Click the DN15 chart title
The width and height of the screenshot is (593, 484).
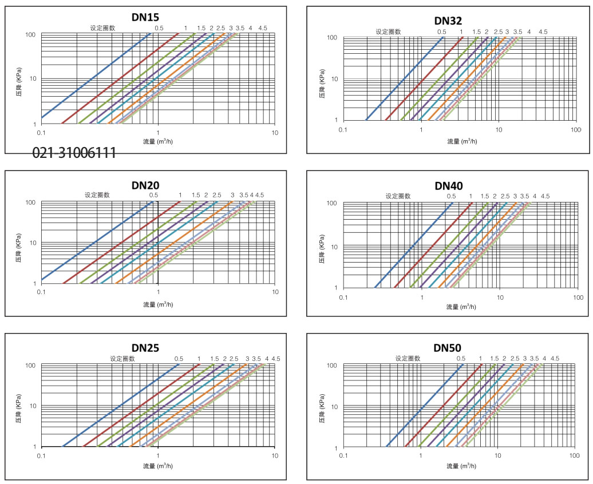pos(146,17)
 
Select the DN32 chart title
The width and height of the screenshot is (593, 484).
pos(448,21)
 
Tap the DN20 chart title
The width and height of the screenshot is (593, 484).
pos(145,185)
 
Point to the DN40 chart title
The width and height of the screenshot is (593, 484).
pos(448,185)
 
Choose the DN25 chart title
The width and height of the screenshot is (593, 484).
pos(145,348)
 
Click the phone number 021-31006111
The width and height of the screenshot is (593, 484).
pos(74,153)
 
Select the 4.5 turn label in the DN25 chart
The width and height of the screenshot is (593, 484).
pos(276,359)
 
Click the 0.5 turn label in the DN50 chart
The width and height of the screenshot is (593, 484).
pos(461,359)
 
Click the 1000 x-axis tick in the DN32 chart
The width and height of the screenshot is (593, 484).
pos(575,130)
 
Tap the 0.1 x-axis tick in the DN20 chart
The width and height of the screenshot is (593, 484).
pos(41,292)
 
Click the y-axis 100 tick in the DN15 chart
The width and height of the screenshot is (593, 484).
pos(31,35)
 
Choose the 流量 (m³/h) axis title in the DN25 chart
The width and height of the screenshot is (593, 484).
pos(158,466)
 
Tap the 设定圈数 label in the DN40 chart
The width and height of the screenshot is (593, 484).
pos(398,196)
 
